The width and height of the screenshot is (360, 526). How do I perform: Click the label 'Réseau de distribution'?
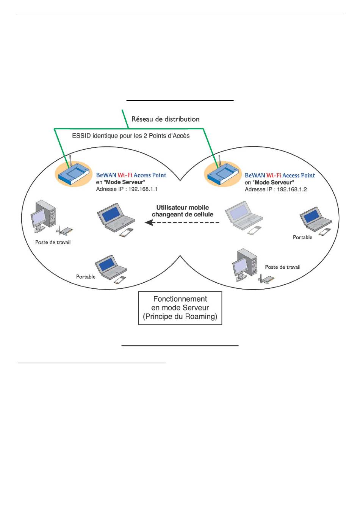point(165,119)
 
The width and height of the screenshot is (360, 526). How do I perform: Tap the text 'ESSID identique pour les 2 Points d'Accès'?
point(131,136)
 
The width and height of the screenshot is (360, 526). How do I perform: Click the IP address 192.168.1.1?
point(143,189)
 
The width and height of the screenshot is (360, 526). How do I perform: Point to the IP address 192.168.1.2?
point(292,189)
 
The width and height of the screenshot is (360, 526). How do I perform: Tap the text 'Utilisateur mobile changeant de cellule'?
point(183,211)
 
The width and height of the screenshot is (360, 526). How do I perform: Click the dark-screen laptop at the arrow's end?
point(116,220)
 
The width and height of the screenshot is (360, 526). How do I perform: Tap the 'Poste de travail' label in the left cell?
point(53,242)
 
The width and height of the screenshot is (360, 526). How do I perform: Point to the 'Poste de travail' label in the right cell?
point(282,267)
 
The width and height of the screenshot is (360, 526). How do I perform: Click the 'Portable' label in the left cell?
point(86,277)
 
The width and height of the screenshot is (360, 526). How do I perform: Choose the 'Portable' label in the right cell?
point(302,237)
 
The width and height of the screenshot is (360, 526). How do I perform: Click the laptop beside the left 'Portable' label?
point(111,269)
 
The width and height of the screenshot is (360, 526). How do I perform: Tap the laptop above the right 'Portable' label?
point(316,221)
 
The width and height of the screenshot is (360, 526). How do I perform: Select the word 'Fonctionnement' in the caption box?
point(180,299)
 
